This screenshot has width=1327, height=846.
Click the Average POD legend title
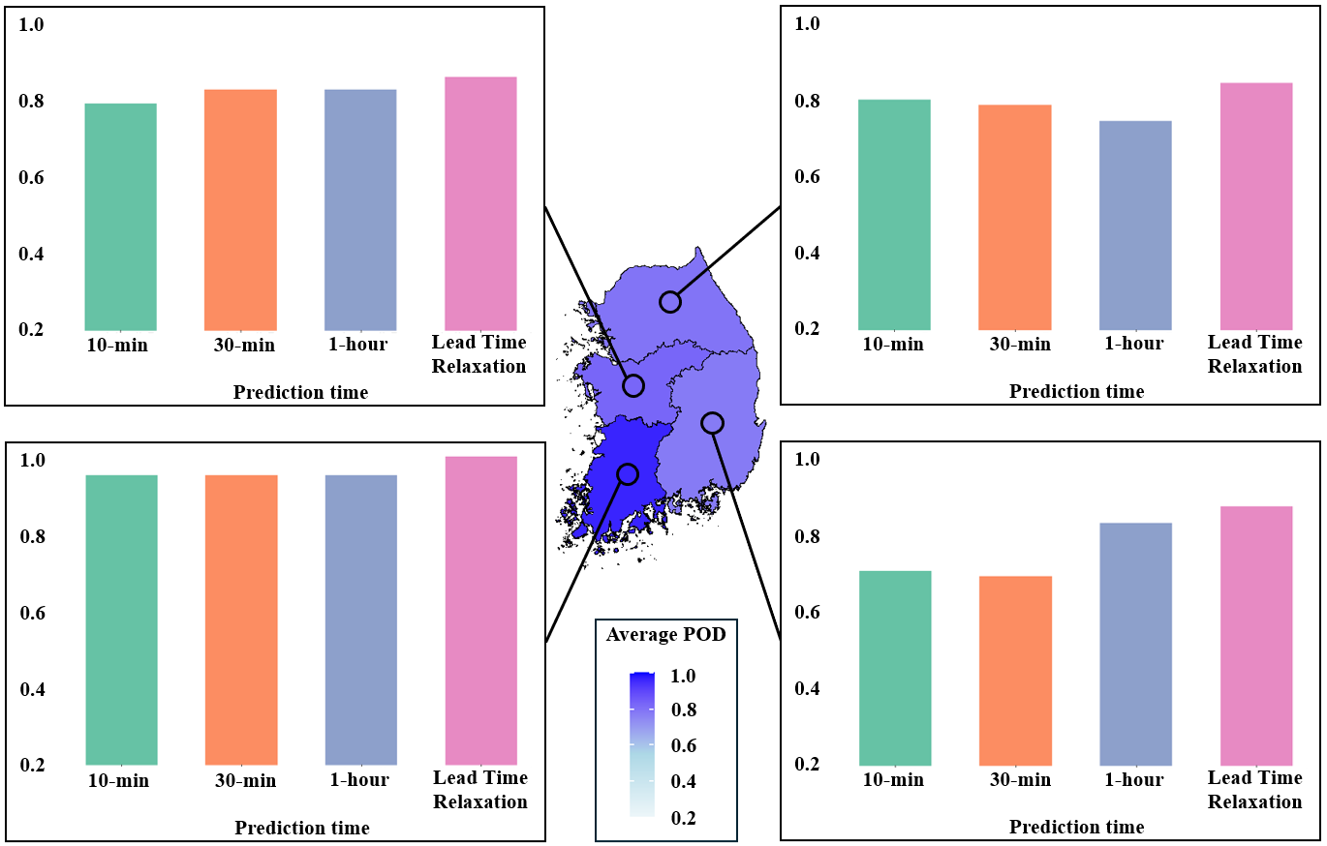tap(665, 635)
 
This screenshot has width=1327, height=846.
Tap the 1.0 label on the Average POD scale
tap(682, 677)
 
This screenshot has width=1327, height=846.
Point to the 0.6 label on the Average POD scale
tap(682, 746)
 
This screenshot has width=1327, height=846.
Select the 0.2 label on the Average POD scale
tap(682, 818)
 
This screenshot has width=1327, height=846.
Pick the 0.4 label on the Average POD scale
tap(682, 782)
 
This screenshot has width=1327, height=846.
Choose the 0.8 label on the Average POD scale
tap(682, 711)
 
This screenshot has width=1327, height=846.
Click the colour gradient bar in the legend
tap(642, 745)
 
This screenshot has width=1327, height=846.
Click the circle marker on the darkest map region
tap(628, 473)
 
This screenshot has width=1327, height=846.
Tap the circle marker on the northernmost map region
tap(670, 302)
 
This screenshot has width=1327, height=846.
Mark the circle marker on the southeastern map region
tap(712, 423)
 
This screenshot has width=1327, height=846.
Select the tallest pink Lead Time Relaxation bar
tap(481, 611)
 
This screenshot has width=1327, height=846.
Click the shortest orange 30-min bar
tap(1015, 670)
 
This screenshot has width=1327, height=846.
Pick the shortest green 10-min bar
tap(896, 668)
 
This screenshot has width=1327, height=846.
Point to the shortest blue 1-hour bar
tap(1135, 225)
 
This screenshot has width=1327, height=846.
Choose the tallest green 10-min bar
tap(121, 619)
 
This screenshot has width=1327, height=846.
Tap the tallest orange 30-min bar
tap(241, 619)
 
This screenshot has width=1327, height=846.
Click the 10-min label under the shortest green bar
tap(894, 778)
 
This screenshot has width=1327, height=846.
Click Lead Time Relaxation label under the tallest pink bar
tap(480, 790)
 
